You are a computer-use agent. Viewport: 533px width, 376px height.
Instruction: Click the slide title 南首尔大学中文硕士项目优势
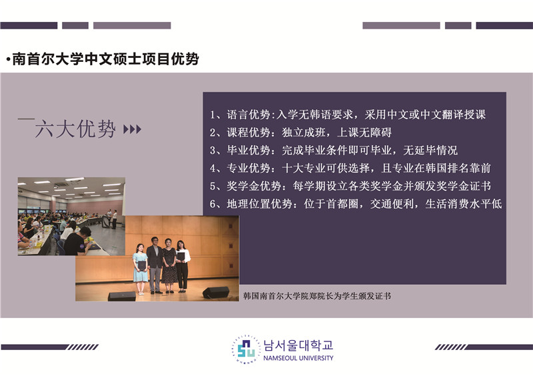(105, 59)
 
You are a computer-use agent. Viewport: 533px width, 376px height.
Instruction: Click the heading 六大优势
(75, 128)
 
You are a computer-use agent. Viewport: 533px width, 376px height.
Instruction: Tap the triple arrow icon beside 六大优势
(132, 129)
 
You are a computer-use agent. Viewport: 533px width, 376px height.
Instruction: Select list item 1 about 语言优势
(348, 115)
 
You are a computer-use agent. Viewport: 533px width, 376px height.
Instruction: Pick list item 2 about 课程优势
(300, 132)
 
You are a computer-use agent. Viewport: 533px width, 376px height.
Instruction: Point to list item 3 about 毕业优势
(334, 150)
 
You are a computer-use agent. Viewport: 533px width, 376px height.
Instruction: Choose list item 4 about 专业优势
(350, 168)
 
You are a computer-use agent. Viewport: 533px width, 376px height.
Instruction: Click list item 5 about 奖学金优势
(350, 186)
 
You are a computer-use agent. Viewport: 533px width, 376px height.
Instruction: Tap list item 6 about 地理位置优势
(356, 204)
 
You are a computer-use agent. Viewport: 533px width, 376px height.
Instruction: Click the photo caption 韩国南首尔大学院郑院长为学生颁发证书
(317, 296)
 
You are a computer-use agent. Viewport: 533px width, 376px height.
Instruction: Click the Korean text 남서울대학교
(298, 345)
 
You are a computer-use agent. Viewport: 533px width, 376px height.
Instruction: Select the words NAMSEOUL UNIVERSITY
(298, 358)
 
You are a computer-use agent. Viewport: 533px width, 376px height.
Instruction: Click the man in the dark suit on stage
(155, 265)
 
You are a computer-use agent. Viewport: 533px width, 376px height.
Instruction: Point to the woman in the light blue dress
(140, 269)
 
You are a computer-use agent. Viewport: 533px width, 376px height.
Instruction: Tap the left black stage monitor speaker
(122, 296)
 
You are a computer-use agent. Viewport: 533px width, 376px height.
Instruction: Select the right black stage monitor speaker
(216, 293)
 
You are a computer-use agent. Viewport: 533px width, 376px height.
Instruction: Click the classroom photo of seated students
(71, 216)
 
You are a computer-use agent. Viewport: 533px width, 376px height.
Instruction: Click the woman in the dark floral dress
(169, 266)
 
